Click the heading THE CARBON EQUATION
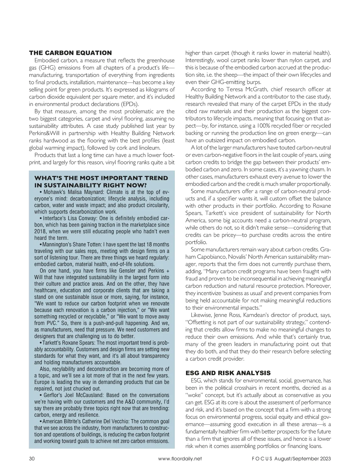tap(70, 53)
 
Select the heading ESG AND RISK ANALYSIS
tap(228, 373)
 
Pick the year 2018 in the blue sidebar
tap(40, 231)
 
